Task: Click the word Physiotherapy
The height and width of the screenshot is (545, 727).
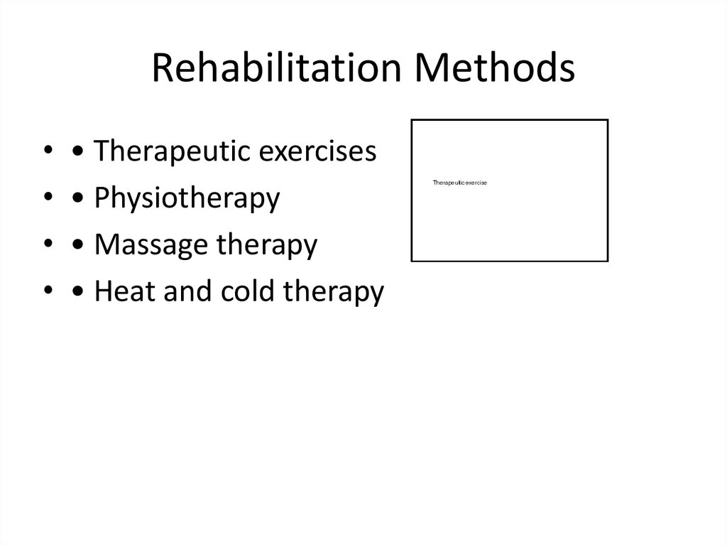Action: click(x=187, y=198)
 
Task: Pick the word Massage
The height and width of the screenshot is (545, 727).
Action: click(x=144, y=245)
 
